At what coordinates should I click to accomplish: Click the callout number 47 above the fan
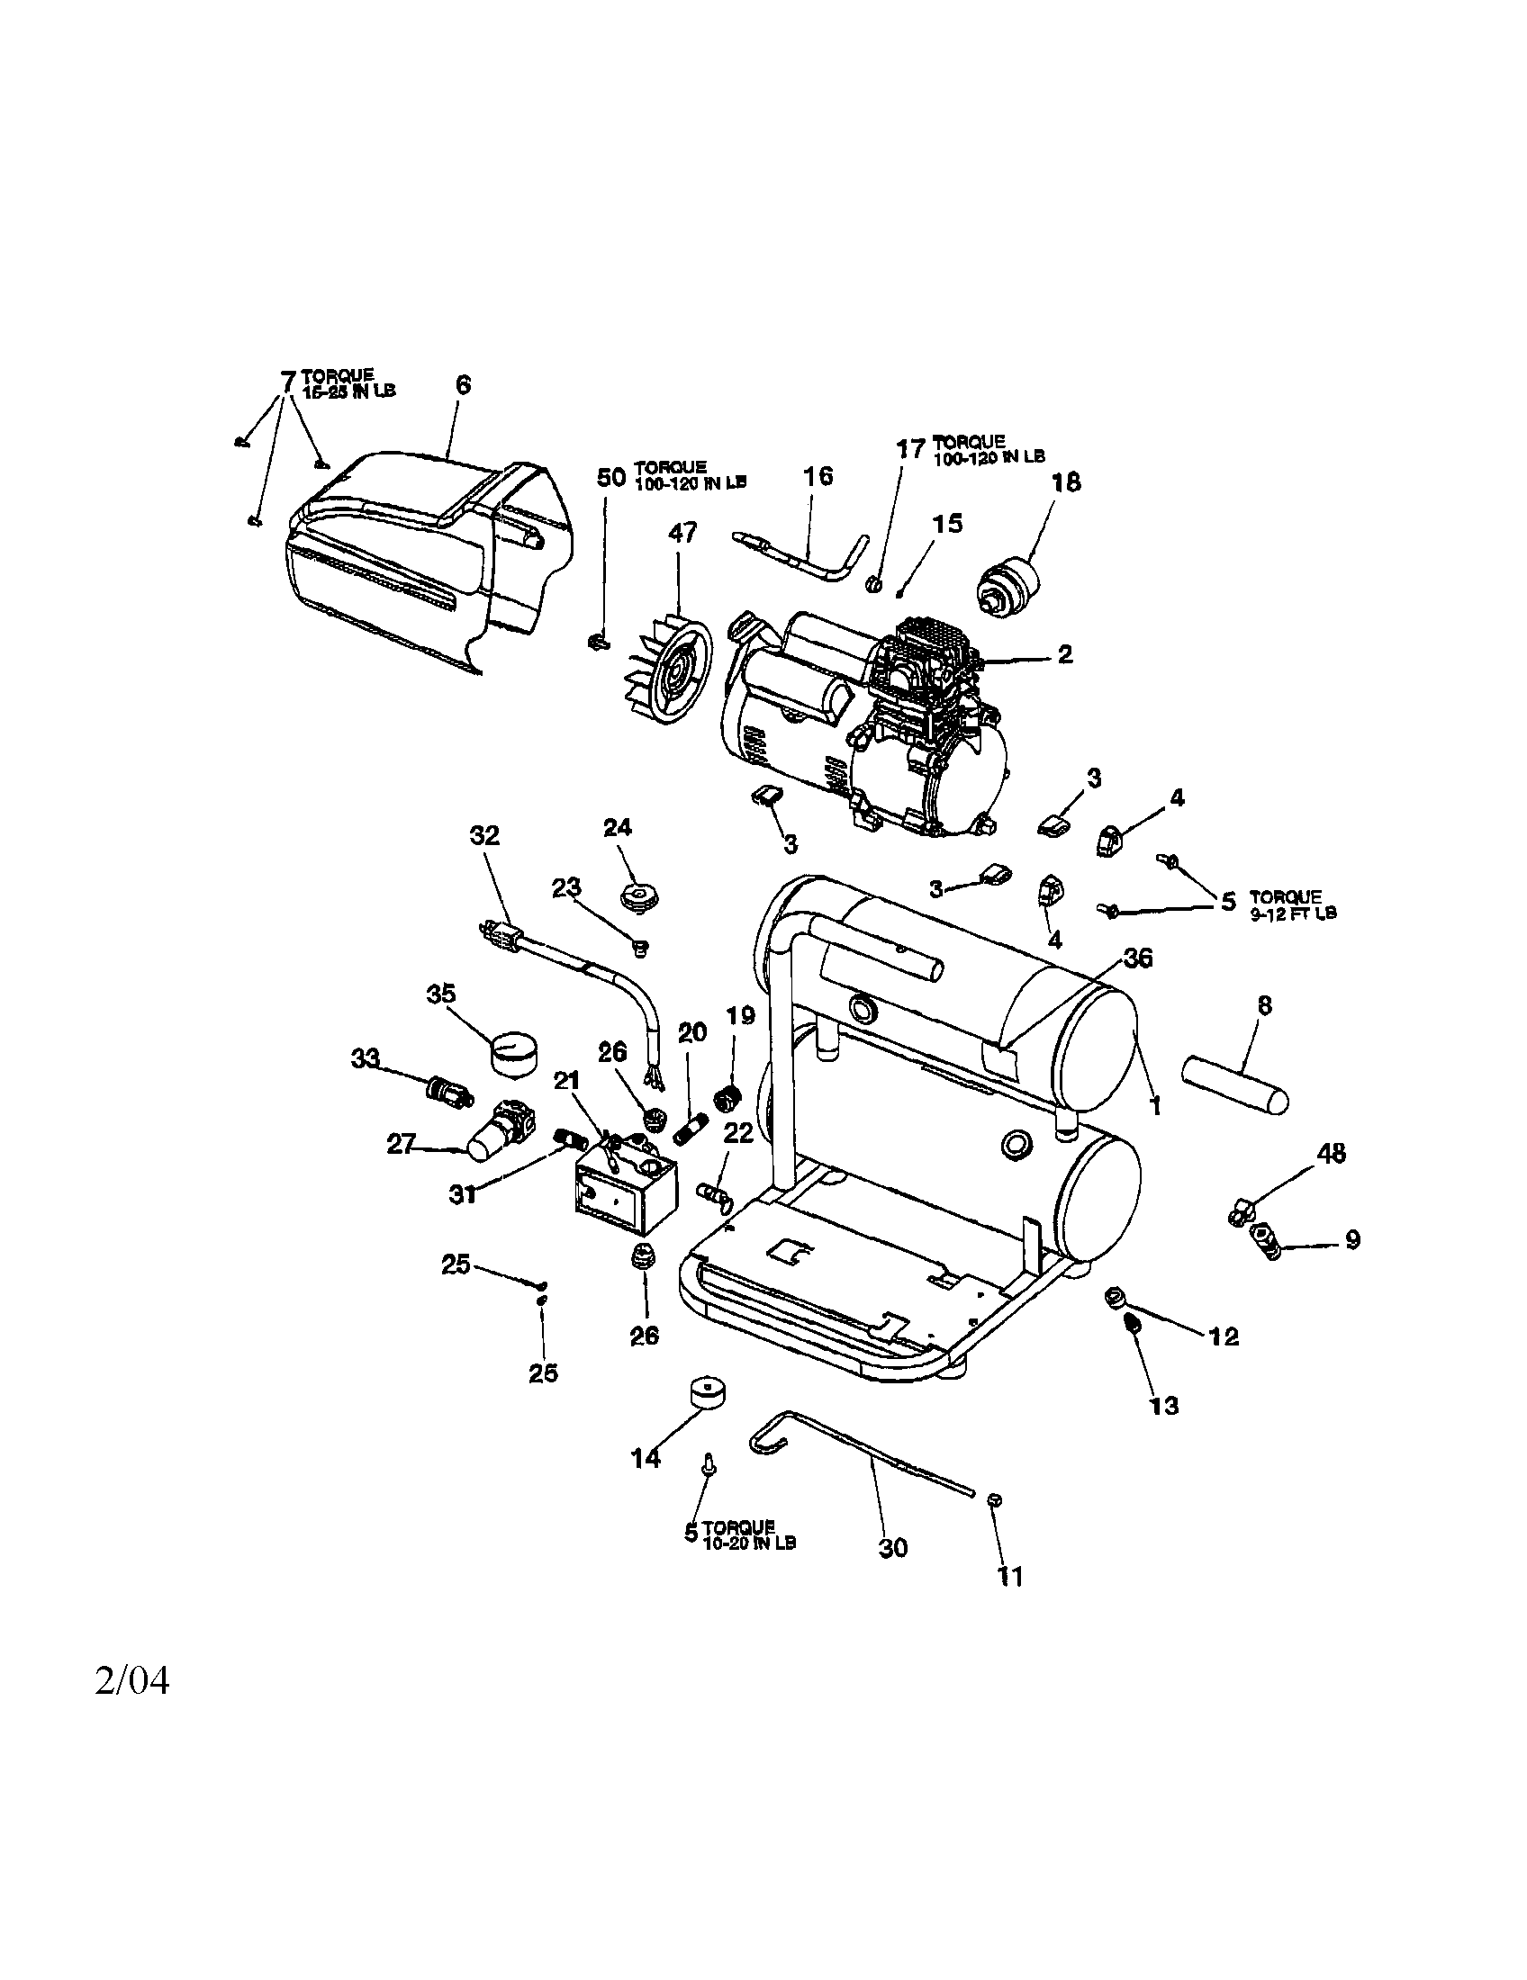(x=682, y=532)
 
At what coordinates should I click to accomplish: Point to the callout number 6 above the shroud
(x=463, y=384)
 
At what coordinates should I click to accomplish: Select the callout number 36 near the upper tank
(x=1138, y=958)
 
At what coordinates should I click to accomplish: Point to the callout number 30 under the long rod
(x=893, y=1548)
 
